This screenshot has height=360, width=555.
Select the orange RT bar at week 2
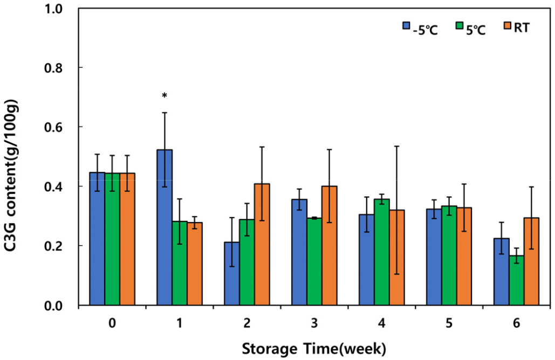tap(262, 245)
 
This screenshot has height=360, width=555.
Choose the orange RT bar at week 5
tap(464, 257)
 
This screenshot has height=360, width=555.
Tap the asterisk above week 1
tap(165, 96)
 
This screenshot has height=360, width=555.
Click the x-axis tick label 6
tap(516, 323)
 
